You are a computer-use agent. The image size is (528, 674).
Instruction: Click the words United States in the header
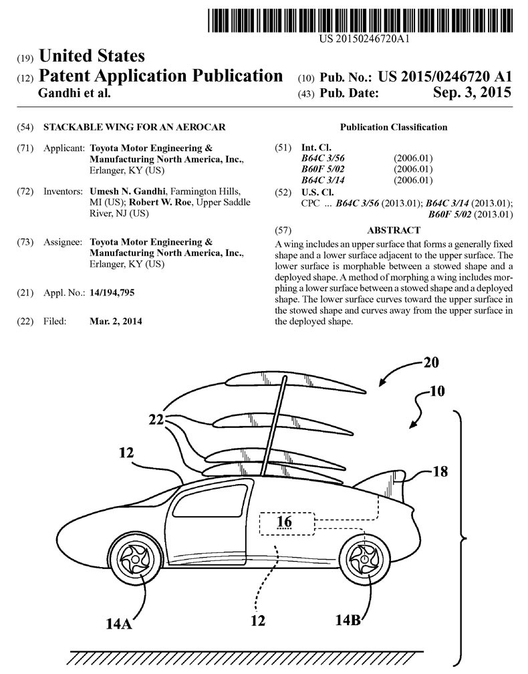[x=92, y=55]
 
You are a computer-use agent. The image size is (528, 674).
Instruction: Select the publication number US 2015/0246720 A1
[x=445, y=76]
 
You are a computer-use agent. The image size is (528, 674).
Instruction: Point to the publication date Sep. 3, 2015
[x=472, y=93]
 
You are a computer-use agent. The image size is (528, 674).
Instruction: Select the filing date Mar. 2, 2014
[x=116, y=321]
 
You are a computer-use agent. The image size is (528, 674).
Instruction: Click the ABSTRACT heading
[x=394, y=229]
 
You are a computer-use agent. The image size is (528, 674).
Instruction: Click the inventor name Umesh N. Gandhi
[x=123, y=191]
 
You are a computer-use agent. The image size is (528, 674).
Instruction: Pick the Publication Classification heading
[x=394, y=127]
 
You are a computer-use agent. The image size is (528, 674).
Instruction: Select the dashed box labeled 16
[x=285, y=524]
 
